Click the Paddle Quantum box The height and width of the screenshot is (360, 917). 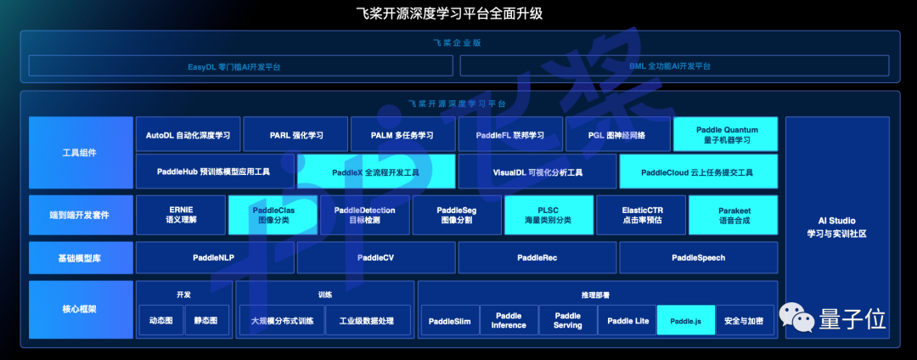(x=726, y=134)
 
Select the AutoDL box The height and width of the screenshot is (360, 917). (x=188, y=134)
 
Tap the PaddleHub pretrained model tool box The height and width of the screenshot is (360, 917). (x=214, y=172)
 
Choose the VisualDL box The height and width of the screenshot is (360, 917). (x=537, y=172)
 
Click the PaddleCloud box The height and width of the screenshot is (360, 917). (x=698, y=172)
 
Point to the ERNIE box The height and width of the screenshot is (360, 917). (x=180, y=215)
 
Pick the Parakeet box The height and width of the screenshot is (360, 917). (x=733, y=215)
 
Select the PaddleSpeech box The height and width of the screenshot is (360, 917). (x=698, y=257)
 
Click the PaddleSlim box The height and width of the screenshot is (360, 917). (x=449, y=321)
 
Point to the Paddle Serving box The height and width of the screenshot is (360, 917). (x=567, y=320)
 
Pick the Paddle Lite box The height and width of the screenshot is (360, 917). (x=627, y=321)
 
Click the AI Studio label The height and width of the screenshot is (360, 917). (x=837, y=228)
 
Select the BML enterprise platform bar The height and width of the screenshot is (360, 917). (x=675, y=65)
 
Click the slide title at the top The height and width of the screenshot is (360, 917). (x=459, y=14)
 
